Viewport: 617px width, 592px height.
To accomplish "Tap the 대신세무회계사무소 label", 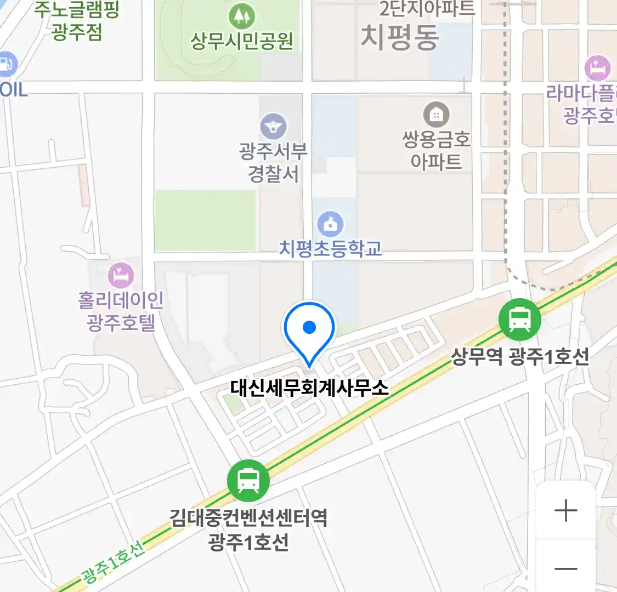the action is click(309, 388).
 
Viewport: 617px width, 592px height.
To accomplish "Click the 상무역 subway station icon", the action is click(519, 319).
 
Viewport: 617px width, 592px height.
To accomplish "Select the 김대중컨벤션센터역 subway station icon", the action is click(248, 481).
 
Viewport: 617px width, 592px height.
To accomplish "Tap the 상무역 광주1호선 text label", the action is click(519, 357).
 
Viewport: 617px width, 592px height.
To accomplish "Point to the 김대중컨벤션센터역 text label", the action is click(248, 517).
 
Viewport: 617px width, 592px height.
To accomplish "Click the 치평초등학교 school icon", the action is click(330, 224).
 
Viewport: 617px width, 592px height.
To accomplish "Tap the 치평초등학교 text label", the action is click(330, 249).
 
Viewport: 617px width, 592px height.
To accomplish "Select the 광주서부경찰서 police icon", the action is click(273, 127).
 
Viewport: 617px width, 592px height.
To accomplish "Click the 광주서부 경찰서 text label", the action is click(273, 162).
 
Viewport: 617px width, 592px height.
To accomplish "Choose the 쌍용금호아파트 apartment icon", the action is click(436, 115).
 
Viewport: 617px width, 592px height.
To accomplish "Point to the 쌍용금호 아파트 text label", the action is click(436, 150).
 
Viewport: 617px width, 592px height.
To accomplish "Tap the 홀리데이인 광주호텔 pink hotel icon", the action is click(121, 275).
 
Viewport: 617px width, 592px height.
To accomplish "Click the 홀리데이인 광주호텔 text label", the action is click(121, 311).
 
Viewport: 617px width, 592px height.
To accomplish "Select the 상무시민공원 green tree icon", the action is click(241, 16).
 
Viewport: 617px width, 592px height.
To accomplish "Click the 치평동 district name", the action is click(400, 37).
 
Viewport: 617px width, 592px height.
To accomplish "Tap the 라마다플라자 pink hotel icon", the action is click(597, 69).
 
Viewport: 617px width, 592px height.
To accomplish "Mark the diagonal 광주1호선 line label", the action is click(113, 561).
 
